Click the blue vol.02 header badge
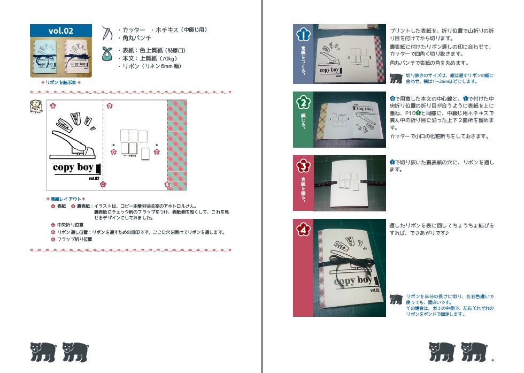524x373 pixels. (61, 31)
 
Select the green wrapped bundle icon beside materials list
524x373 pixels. (107, 54)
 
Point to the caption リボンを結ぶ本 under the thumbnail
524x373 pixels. (61, 82)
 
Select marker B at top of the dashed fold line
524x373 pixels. (110, 106)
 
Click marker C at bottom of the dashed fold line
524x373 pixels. (104, 184)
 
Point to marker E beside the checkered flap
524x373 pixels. (167, 185)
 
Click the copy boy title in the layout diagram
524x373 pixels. (73, 168)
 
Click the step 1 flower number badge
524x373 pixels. (303, 35)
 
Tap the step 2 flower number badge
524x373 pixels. (303, 102)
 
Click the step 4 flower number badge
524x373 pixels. (303, 230)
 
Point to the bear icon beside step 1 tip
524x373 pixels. (396, 79)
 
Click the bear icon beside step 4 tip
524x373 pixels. (396, 299)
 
